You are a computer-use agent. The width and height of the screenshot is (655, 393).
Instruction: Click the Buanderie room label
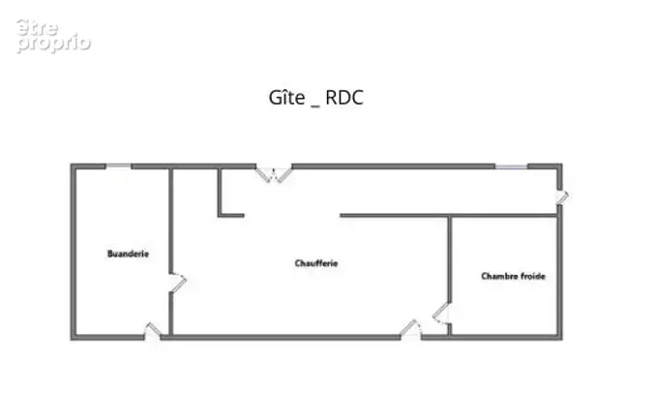tap(128, 254)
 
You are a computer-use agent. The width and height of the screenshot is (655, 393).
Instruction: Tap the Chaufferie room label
tap(316, 263)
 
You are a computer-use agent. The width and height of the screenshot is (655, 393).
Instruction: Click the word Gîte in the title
tap(287, 98)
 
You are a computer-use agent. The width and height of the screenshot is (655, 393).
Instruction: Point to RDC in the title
tap(344, 98)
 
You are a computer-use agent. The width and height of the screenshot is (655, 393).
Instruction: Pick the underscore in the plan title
tap(315, 106)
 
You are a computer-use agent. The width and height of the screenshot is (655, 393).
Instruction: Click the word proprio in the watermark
tap(54, 44)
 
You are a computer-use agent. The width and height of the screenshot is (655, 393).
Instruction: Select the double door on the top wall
tap(274, 174)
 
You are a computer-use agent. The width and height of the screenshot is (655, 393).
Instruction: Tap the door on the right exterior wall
tap(562, 196)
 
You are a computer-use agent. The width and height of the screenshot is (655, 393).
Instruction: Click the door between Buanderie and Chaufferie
tap(177, 283)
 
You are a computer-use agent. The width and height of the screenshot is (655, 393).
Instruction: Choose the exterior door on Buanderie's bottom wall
tap(153, 330)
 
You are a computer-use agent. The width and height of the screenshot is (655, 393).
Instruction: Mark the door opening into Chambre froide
tap(441, 314)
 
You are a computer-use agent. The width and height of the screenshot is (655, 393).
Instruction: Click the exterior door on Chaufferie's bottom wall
tap(411, 328)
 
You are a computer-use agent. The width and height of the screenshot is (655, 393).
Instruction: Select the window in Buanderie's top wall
tap(118, 166)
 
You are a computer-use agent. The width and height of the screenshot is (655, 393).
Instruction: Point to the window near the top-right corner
tap(511, 166)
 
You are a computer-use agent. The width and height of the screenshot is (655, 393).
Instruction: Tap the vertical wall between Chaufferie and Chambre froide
tap(450, 259)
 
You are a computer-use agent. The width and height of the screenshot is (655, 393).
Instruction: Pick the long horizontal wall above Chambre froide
tap(449, 216)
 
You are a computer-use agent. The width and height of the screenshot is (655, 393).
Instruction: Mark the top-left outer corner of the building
tap(71, 164)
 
